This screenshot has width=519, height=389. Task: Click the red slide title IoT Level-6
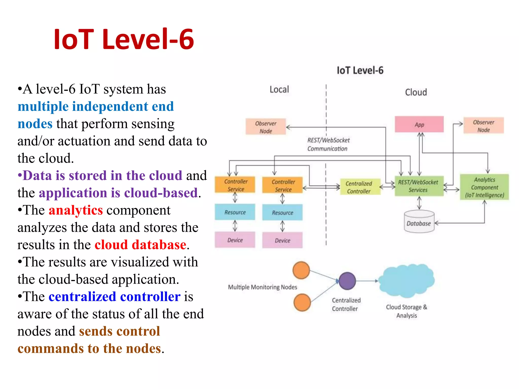tap(124, 39)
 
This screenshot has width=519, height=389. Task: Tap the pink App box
tap(419, 124)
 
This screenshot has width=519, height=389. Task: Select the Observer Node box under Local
tap(266, 127)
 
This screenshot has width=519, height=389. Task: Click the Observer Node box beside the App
tap(484, 126)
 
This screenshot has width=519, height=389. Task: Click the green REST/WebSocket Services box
tap(419, 186)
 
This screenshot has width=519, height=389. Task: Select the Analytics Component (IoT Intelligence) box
tap(484, 187)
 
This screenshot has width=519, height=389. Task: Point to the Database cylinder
tap(419, 222)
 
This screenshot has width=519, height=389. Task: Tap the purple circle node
tap(347, 281)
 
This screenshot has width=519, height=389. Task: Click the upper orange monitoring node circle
tap(301, 270)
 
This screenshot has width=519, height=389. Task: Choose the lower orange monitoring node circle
tap(302, 302)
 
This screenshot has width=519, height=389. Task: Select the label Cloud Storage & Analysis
tap(406, 311)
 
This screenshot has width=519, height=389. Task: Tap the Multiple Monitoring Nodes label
tap(262, 287)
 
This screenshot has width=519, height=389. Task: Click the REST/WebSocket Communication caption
tap(328, 144)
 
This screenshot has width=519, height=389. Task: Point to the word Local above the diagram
tap(279, 89)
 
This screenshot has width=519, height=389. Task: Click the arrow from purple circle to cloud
tap(367, 281)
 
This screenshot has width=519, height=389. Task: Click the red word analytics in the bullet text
tap(76, 210)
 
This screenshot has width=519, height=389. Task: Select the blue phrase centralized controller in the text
tap(115, 297)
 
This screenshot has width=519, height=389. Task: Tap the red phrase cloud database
tap(140, 245)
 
